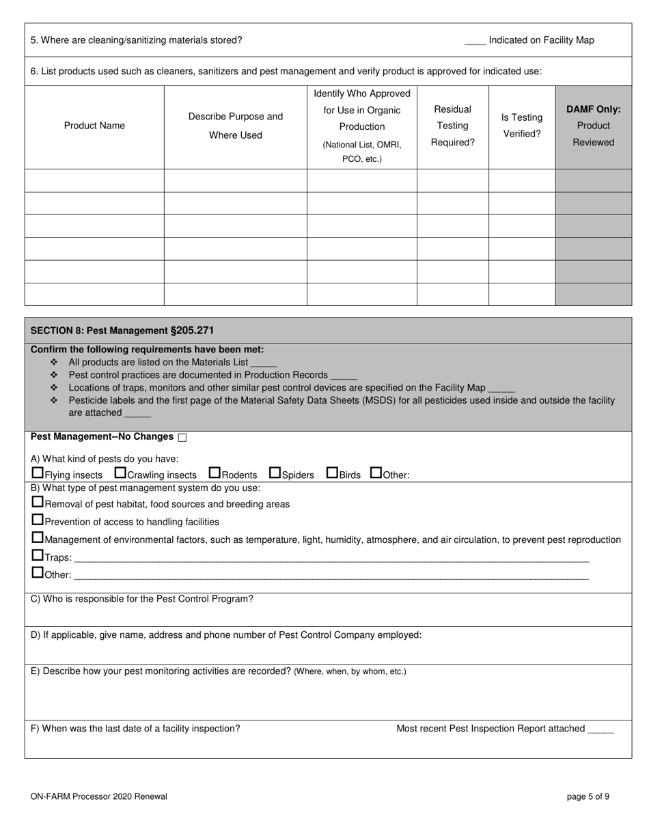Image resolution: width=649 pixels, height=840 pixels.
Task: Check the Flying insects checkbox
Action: click(x=38, y=473)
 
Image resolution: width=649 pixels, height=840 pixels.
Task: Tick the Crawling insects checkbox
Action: click(x=120, y=473)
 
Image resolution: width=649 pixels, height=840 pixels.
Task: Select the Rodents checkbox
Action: click(x=215, y=473)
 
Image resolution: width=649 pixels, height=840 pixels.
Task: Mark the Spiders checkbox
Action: click(x=275, y=473)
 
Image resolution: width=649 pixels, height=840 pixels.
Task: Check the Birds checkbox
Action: click(x=332, y=473)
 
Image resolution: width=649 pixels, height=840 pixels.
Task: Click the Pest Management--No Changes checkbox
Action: click(x=182, y=437)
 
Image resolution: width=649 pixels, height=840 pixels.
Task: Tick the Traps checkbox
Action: click(x=38, y=555)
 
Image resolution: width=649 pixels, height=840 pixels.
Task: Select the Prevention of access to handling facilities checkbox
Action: click(x=38, y=520)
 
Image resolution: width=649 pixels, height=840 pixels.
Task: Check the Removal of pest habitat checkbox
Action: click(x=38, y=502)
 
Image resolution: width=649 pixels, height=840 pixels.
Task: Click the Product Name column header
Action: click(x=94, y=126)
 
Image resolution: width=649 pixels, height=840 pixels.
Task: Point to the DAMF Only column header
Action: click(x=593, y=126)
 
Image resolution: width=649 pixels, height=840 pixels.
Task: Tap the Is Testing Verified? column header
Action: click(x=522, y=126)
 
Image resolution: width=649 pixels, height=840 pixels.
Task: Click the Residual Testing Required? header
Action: click(x=452, y=126)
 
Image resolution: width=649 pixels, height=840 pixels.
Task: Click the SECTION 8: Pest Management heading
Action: click(x=122, y=331)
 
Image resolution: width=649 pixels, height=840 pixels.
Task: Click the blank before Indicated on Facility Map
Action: click(x=475, y=41)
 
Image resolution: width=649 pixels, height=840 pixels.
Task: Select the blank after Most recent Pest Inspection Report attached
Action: click(x=600, y=729)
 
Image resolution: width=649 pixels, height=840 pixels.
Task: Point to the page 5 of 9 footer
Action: click(x=588, y=796)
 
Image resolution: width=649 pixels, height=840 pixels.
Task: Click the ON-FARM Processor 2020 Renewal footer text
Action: click(x=98, y=796)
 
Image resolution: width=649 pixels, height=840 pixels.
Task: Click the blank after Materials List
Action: click(x=264, y=363)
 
